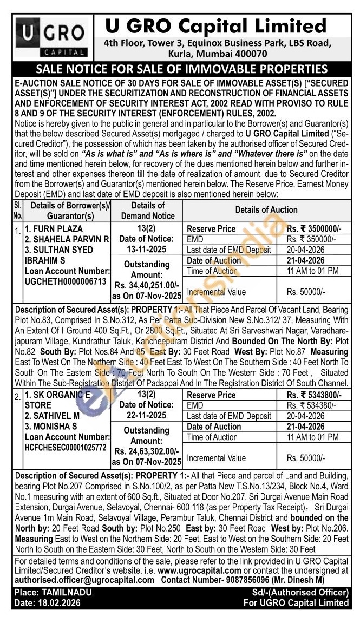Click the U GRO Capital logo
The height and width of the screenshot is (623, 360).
point(51,38)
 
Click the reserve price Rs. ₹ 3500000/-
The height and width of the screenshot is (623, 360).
point(313,229)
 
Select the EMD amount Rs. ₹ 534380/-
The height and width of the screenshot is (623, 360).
point(313,405)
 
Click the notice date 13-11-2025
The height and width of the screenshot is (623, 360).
point(146,250)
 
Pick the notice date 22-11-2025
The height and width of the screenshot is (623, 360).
point(146,416)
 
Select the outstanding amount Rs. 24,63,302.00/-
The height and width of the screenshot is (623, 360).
point(146,451)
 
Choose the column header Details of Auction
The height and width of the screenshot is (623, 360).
point(266,210)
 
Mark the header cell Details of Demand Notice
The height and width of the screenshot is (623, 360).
point(146,211)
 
